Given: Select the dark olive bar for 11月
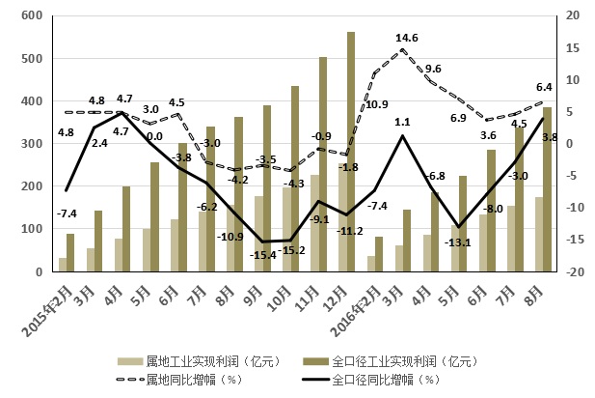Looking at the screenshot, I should pyautogui.click(x=323, y=164).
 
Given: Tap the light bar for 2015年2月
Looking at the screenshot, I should pyautogui.click(x=64, y=265).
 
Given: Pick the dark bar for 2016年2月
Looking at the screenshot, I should pyautogui.click(x=378, y=254).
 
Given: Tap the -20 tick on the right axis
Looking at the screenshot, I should pyautogui.click(x=571, y=272).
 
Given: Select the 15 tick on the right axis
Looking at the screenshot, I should pyautogui.click(x=573, y=48).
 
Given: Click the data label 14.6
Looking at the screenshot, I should pyautogui.click(x=406, y=39).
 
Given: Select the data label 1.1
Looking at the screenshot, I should pyautogui.click(x=404, y=122).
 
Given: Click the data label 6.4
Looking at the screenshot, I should pyautogui.click(x=544, y=88).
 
